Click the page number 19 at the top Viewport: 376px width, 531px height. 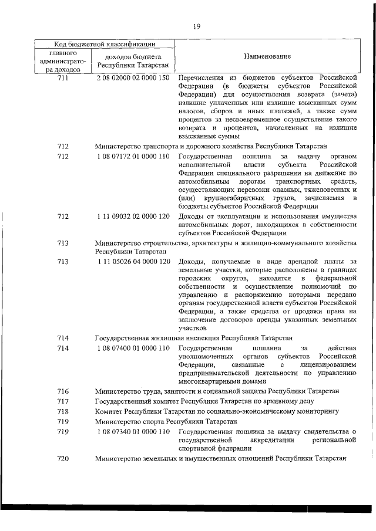196,25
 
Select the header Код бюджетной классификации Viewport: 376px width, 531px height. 105,43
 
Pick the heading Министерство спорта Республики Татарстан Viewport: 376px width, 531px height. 166,421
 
